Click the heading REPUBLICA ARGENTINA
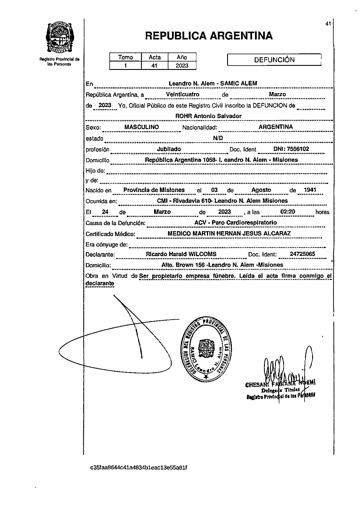[209, 36]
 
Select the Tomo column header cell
[125, 57]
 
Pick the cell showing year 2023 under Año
[182, 66]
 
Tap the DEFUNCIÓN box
[274, 60]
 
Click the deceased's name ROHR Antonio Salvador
[208, 116]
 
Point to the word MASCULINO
[141, 127]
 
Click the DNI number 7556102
[291, 149]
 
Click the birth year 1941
[310, 190]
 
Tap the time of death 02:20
[287, 212]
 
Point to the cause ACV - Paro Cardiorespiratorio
[236, 223]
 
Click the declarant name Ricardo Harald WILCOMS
[181, 254]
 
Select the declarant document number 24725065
[302, 254]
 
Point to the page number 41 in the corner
[328, 24]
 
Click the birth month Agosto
[261, 190]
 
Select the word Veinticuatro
[182, 94]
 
